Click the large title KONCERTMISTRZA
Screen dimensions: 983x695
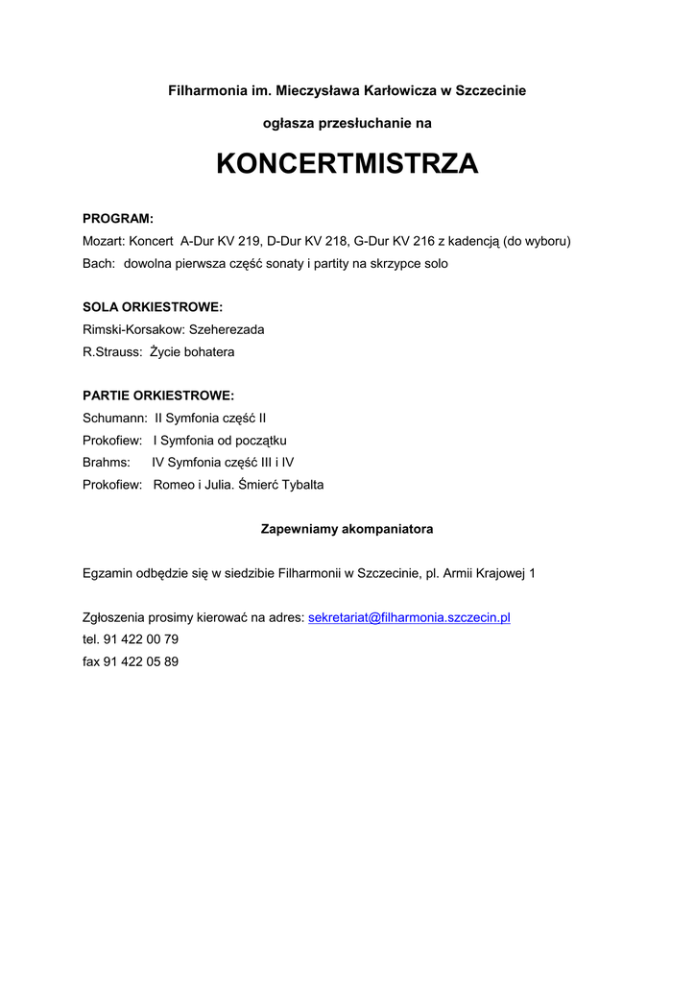[347, 164]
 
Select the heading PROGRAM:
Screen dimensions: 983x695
[118, 219]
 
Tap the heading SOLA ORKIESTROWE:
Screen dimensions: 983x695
[153, 307]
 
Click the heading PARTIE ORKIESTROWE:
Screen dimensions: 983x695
[158, 396]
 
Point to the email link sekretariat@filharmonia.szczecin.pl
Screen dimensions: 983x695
[409, 617]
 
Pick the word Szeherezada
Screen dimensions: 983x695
[227, 329]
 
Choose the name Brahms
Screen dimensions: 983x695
[106, 462]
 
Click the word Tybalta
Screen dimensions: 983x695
[302, 485]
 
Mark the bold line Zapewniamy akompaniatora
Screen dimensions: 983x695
[347, 529]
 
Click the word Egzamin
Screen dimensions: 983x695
[108, 573]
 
